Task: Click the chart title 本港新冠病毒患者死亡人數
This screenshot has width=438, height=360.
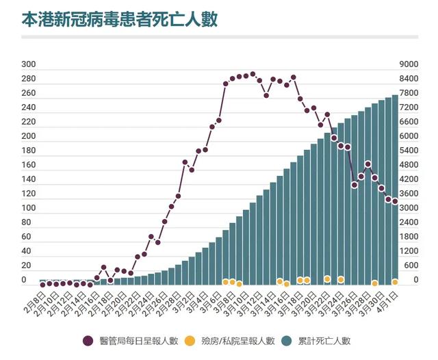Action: click(x=120, y=18)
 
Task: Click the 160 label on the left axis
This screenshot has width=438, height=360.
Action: click(x=29, y=166)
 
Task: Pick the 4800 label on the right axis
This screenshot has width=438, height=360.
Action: click(x=409, y=166)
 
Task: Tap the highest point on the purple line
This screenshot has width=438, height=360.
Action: click(x=253, y=74)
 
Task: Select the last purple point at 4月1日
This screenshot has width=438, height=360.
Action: click(x=395, y=201)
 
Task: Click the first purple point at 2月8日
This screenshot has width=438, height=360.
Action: click(x=42, y=284)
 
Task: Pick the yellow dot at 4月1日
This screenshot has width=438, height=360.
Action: click(x=395, y=282)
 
